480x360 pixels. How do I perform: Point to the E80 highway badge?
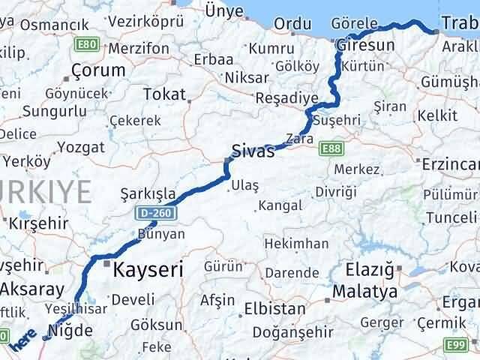click(x=87, y=45)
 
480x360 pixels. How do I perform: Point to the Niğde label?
click(x=72, y=328)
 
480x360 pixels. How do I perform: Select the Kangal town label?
click(x=280, y=205)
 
